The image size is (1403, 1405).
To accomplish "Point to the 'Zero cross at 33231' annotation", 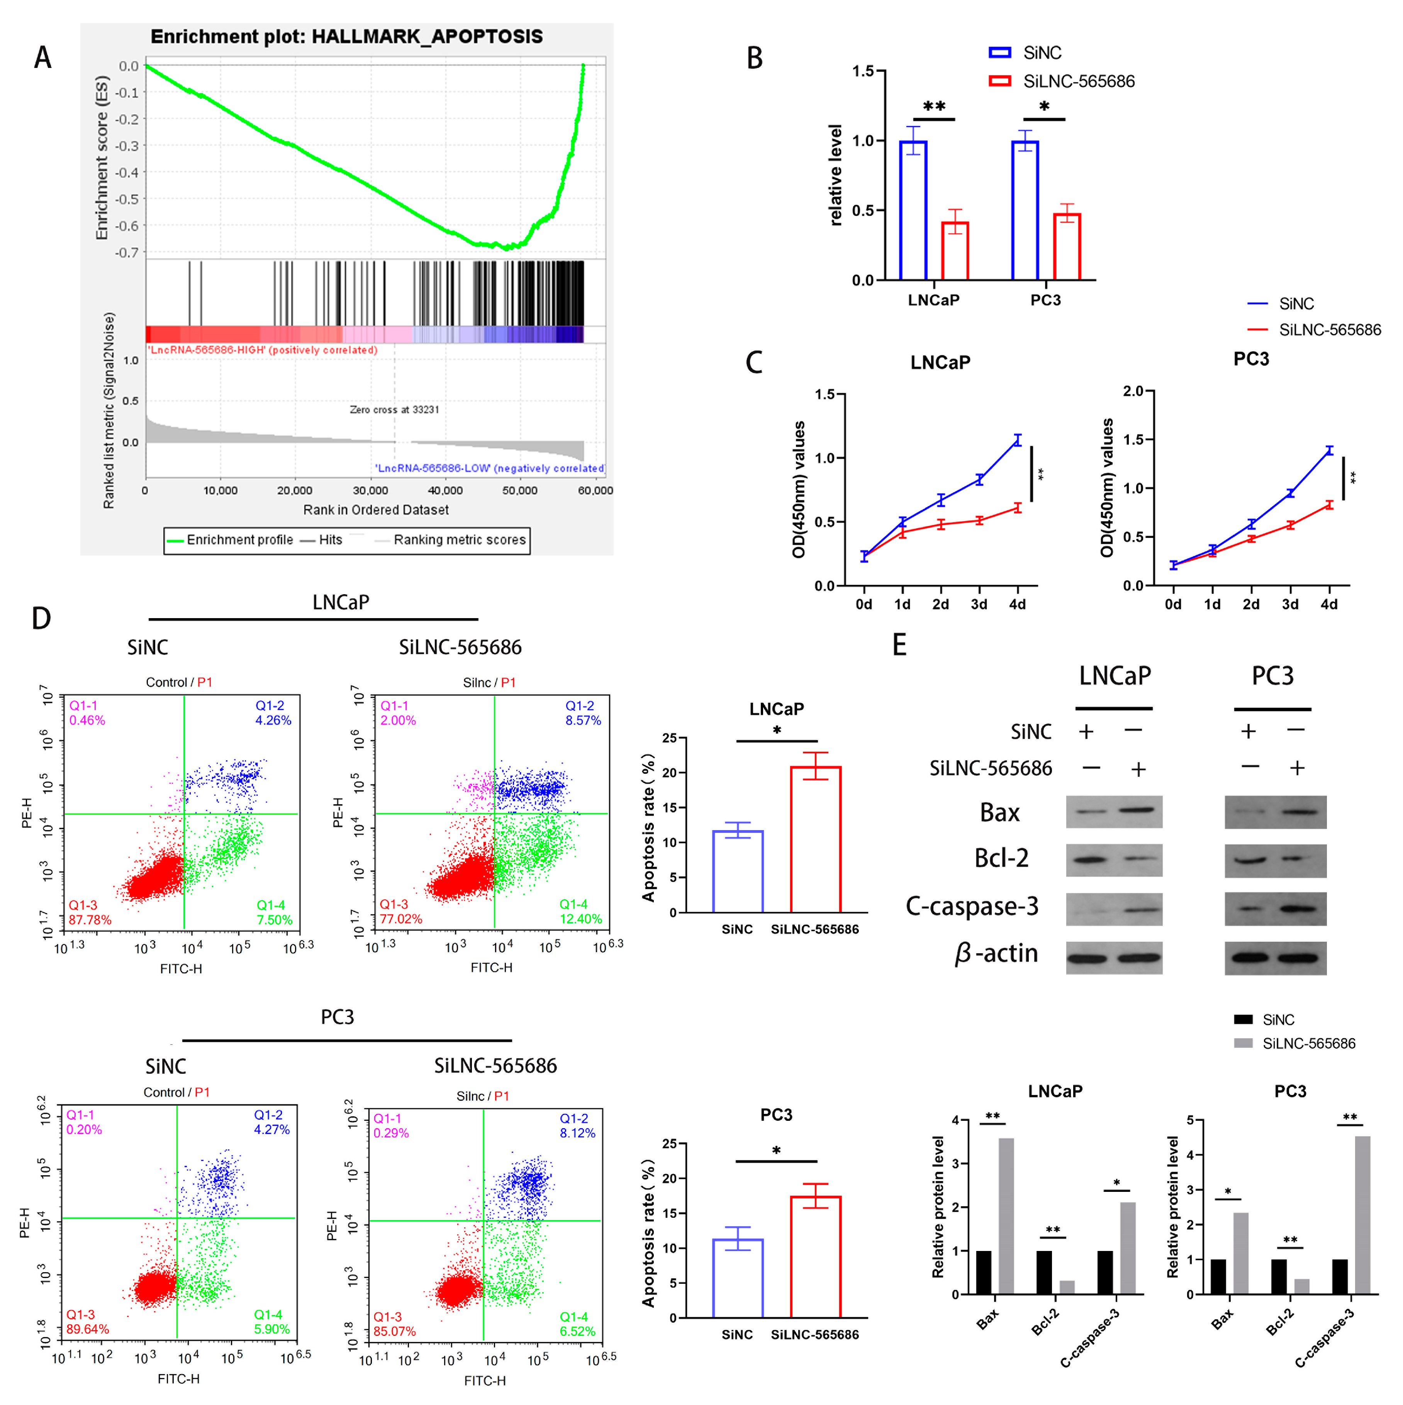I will coord(394,409).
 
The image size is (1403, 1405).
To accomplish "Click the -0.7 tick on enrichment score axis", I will coord(128,253).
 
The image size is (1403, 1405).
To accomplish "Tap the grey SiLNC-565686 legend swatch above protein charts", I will coord(1243,1044).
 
